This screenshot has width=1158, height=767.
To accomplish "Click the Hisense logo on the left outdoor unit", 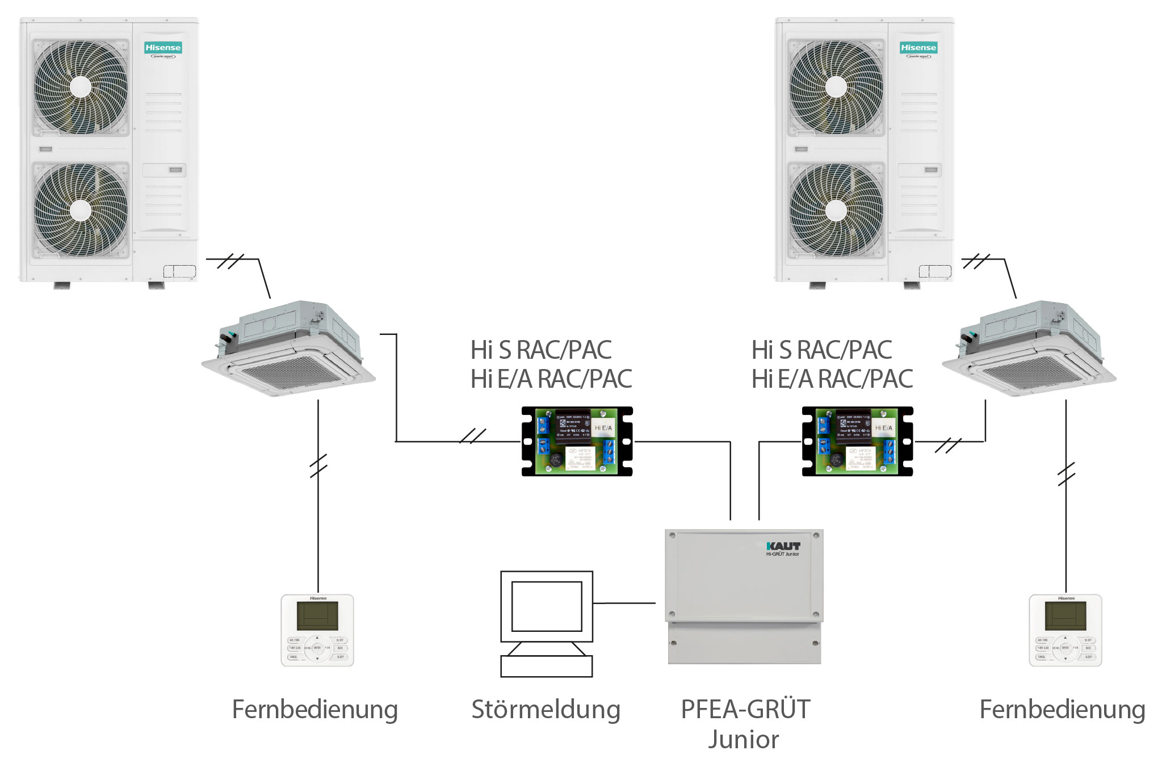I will pyautogui.click(x=163, y=48).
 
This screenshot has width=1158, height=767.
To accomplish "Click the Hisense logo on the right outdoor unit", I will pyautogui.click(x=918, y=48).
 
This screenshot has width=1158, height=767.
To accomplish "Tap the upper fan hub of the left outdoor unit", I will pyautogui.click(x=80, y=87).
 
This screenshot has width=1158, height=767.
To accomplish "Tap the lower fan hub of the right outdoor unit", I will pyautogui.click(x=836, y=211).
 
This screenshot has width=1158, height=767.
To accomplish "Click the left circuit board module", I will pyautogui.click(x=577, y=441).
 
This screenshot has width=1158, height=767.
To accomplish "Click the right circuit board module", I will pyautogui.click(x=857, y=441).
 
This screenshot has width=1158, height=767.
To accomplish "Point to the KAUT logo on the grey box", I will pyautogui.click(x=783, y=546).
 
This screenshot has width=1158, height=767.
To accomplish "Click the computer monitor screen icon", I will pyautogui.click(x=547, y=606).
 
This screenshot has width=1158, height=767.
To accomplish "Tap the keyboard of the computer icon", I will pyautogui.click(x=546, y=666).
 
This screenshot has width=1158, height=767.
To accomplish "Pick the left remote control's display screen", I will pyautogui.click(x=317, y=615).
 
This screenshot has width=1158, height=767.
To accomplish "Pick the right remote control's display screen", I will pyautogui.click(x=1065, y=615).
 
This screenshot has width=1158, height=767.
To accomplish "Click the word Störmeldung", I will pyautogui.click(x=546, y=710).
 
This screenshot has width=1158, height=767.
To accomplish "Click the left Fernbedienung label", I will pyautogui.click(x=315, y=710).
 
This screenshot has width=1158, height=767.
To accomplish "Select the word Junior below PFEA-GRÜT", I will pyautogui.click(x=743, y=739).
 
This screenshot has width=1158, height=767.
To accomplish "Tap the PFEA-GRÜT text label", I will pyautogui.click(x=745, y=709).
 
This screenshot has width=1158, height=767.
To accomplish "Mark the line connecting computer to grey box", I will pyautogui.click(x=624, y=603).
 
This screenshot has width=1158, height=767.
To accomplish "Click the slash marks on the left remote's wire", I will pyautogui.click(x=318, y=466).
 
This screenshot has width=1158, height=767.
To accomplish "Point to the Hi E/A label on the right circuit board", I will pyautogui.click(x=883, y=428).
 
